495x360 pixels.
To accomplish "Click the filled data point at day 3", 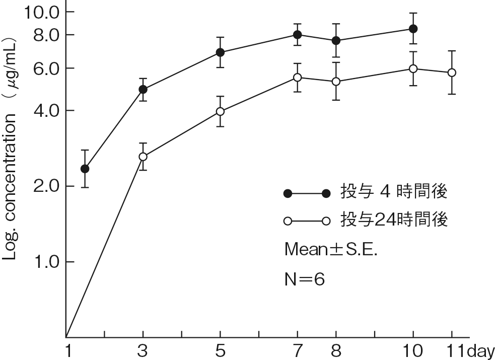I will point(143,90).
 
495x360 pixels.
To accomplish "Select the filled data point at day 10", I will point(413,29).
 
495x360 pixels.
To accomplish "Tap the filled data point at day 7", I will point(298,35).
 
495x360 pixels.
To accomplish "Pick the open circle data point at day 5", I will point(220,111).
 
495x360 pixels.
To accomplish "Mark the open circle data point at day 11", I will point(452,73).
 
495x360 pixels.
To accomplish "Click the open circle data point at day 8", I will point(336,82).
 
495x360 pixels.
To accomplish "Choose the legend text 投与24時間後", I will point(394,221).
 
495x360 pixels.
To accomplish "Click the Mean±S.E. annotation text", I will point(331,249).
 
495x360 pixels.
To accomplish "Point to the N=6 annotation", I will point(305,279).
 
